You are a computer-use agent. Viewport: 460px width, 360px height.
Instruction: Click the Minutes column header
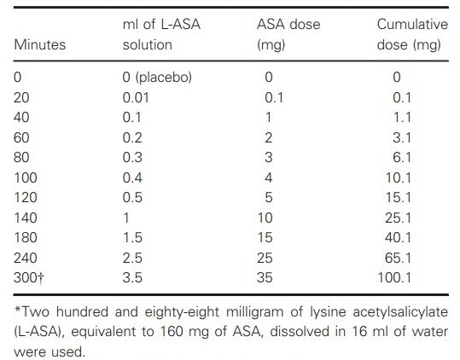pyautogui.click(x=40, y=45)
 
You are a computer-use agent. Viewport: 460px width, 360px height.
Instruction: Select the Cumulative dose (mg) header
pyautogui.click(x=412, y=35)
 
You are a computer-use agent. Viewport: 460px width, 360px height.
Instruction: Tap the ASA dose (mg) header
pyautogui.click(x=288, y=35)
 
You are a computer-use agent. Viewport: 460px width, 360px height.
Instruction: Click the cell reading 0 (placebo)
pyautogui.click(x=157, y=77)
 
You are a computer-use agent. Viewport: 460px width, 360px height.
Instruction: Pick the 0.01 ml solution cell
pyautogui.click(x=136, y=97)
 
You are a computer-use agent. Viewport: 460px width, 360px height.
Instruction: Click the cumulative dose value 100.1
pyautogui.click(x=394, y=277)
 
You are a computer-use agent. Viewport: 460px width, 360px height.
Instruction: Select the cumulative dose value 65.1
pyautogui.click(x=398, y=258)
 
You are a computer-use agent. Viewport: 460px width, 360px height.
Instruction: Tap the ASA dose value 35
pyautogui.click(x=265, y=277)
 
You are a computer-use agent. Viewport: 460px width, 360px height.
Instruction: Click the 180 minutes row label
pyautogui.click(x=26, y=237)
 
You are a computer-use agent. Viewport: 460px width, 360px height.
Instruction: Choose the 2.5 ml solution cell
pyautogui.click(x=132, y=258)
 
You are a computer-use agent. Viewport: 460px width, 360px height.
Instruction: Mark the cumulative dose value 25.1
pyautogui.click(x=398, y=218)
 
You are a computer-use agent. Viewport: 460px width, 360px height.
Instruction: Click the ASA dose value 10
pyautogui.click(x=265, y=218)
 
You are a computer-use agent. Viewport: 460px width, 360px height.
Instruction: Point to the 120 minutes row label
pyautogui.click(x=26, y=197)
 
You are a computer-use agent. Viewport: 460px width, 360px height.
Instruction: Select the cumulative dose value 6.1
pyautogui.click(x=402, y=158)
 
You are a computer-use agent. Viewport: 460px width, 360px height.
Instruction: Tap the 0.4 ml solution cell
pyautogui.click(x=132, y=177)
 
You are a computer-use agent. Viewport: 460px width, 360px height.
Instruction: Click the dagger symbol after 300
pyautogui.click(x=40, y=278)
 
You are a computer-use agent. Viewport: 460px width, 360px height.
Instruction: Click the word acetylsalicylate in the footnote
pyautogui.click(x=400, y=312)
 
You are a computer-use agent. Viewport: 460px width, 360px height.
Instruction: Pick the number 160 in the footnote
pyautogui.click(x=171, y=332)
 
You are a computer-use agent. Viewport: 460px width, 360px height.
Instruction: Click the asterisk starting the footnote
pyautogui.click(x=18, y=310)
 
